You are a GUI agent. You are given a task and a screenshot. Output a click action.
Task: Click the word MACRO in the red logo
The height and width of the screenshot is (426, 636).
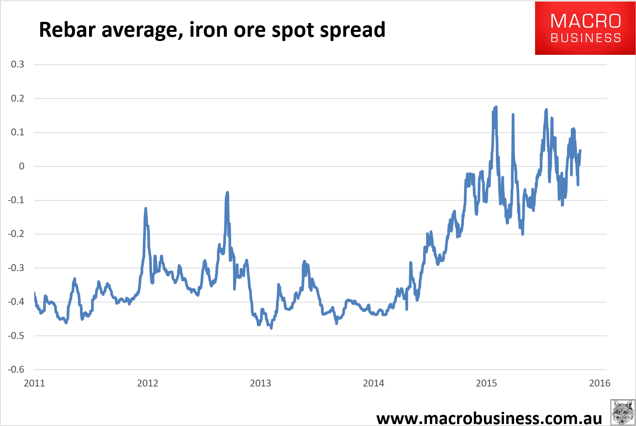pyautogui.click(x=585, y=21)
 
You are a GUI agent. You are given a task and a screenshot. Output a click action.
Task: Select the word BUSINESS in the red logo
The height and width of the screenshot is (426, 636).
pyautogui.click(x=585, y=38)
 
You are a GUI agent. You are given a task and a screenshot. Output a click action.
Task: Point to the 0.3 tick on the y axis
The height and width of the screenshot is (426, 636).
pyautogui.click(x=17, y=64)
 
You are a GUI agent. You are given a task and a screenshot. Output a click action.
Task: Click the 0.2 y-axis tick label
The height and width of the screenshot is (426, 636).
pyautogui.click(x=17, y=99)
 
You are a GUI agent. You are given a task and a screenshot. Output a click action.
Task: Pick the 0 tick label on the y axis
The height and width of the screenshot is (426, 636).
pyautogui.click(x=21, y=166)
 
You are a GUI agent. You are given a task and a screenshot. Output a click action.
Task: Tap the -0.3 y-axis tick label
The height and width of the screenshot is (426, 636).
pyautogui.click(x=16, y=268)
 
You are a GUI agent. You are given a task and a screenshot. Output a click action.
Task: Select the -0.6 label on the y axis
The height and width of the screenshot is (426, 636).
pyautogui.click(x=16, y=370)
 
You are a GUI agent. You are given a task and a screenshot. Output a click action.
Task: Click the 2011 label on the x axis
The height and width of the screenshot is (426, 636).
pyautogui.click(x=34, y=383)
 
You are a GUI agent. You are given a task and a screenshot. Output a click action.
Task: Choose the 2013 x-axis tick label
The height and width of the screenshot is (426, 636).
pyautogui.click(x=260, y=383)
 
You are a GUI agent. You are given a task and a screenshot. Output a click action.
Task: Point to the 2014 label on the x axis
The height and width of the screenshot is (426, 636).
pyautogui.click(x=373, y=383)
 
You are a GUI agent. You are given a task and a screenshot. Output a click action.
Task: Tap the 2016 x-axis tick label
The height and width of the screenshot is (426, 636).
pyautogui.click(x=599, y=383)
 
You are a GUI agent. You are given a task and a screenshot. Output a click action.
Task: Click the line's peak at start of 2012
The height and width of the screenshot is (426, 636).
pyautogui.click(x=145, y=209)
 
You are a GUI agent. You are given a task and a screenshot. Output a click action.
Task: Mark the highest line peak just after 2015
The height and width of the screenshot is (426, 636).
pyautogui.click(x=496, y=107)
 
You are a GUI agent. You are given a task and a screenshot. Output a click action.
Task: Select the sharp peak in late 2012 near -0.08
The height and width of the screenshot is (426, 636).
pyautogui.click(x=227, y=192)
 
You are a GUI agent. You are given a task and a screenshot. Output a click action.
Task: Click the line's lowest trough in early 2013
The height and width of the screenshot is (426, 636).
pyautogui.click(x=271, y=328)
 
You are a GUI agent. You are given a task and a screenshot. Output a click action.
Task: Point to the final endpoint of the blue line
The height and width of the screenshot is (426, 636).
pyautogui.click(x=580, y=150)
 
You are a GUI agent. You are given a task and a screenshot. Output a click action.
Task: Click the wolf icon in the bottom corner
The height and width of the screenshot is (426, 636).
pyautogui.click(x=622, y=412)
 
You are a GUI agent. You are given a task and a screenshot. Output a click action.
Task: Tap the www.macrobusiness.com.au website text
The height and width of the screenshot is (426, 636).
pyautogui.click(x=489, y=418)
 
